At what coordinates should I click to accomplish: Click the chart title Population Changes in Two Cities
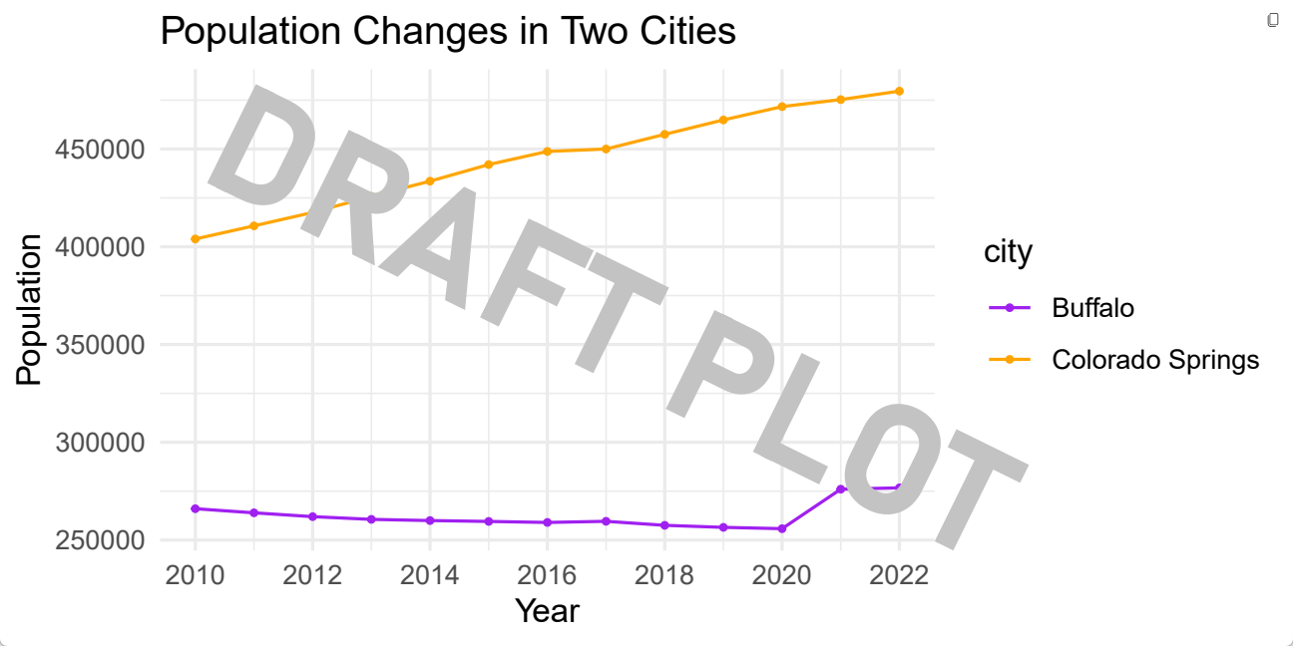click(x=448, y=32)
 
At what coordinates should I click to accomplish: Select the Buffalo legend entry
click(x=1092, y=307)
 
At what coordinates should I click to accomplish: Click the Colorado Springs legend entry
click(x=1155, y=360)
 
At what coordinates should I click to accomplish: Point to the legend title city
click(x=1008, y=252)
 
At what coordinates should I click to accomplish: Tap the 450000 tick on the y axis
click(x=98, y=150)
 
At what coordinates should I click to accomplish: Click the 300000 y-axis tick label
click(x=98, y=443)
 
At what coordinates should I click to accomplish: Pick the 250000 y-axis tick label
click(x=98, y=540)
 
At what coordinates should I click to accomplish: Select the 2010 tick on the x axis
click(x=196, y=575)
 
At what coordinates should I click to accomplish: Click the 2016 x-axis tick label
click(x=547, y=575)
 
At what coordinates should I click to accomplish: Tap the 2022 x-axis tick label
click(x=899, y=575)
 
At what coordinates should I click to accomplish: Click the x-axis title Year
click(x=547, y=611)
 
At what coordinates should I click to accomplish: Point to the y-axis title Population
click(x=30, y=309)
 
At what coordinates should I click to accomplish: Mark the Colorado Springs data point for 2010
click(x=196, y=239)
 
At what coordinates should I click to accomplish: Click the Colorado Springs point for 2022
click(x=899, y=91)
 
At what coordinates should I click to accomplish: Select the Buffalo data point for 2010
click(x=196, y=508)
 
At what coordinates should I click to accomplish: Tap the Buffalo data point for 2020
click(x=782, y=528)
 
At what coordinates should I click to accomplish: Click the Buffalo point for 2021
click(x=841, y=488)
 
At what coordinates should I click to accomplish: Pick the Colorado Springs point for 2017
click(x=606, y=150)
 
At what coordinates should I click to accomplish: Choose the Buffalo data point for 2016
click(x=547, y=522)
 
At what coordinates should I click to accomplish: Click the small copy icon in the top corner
click(x=1272, y=20)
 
